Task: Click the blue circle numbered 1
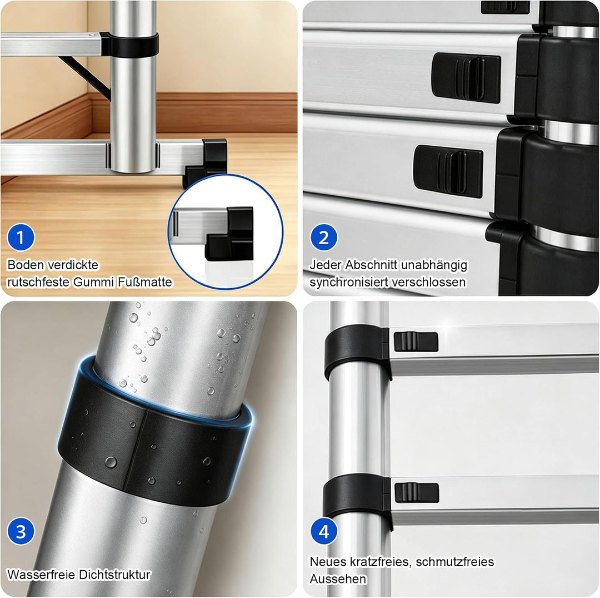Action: [21, 237]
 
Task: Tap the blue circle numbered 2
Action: [324, 237]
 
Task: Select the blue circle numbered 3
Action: [21, 531]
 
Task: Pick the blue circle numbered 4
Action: [324, 531]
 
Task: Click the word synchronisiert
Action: [349, 283]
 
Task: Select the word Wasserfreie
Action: [42, 575]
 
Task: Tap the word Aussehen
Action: [338, 579]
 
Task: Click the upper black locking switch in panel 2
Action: [466, 78]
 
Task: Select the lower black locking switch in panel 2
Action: [448, 171]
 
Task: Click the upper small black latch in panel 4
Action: [416, 342]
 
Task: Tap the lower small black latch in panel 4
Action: [417, 493]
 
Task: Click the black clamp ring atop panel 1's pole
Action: [130, 44]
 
